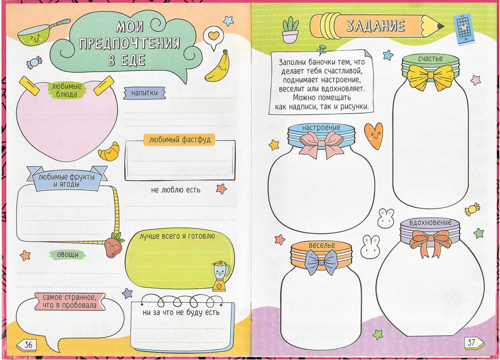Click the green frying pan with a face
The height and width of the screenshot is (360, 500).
tap(38, 34)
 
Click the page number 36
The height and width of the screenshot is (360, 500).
tap(28, 345)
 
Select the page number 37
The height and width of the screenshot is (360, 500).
tap(471, 342)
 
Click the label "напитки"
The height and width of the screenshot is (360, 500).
tap(145, 93)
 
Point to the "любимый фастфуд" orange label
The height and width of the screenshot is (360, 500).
tap(179, 140)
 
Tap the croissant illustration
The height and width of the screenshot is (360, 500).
tap(109, 152)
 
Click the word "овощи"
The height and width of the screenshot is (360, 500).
tap(68, 255)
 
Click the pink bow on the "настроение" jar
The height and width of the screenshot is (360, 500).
tap(322, 144)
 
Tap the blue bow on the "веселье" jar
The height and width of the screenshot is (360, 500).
tap(322, 262)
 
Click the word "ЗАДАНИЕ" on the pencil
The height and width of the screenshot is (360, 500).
tap(375, 26)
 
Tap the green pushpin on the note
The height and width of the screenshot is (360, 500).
tap(322, 50)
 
